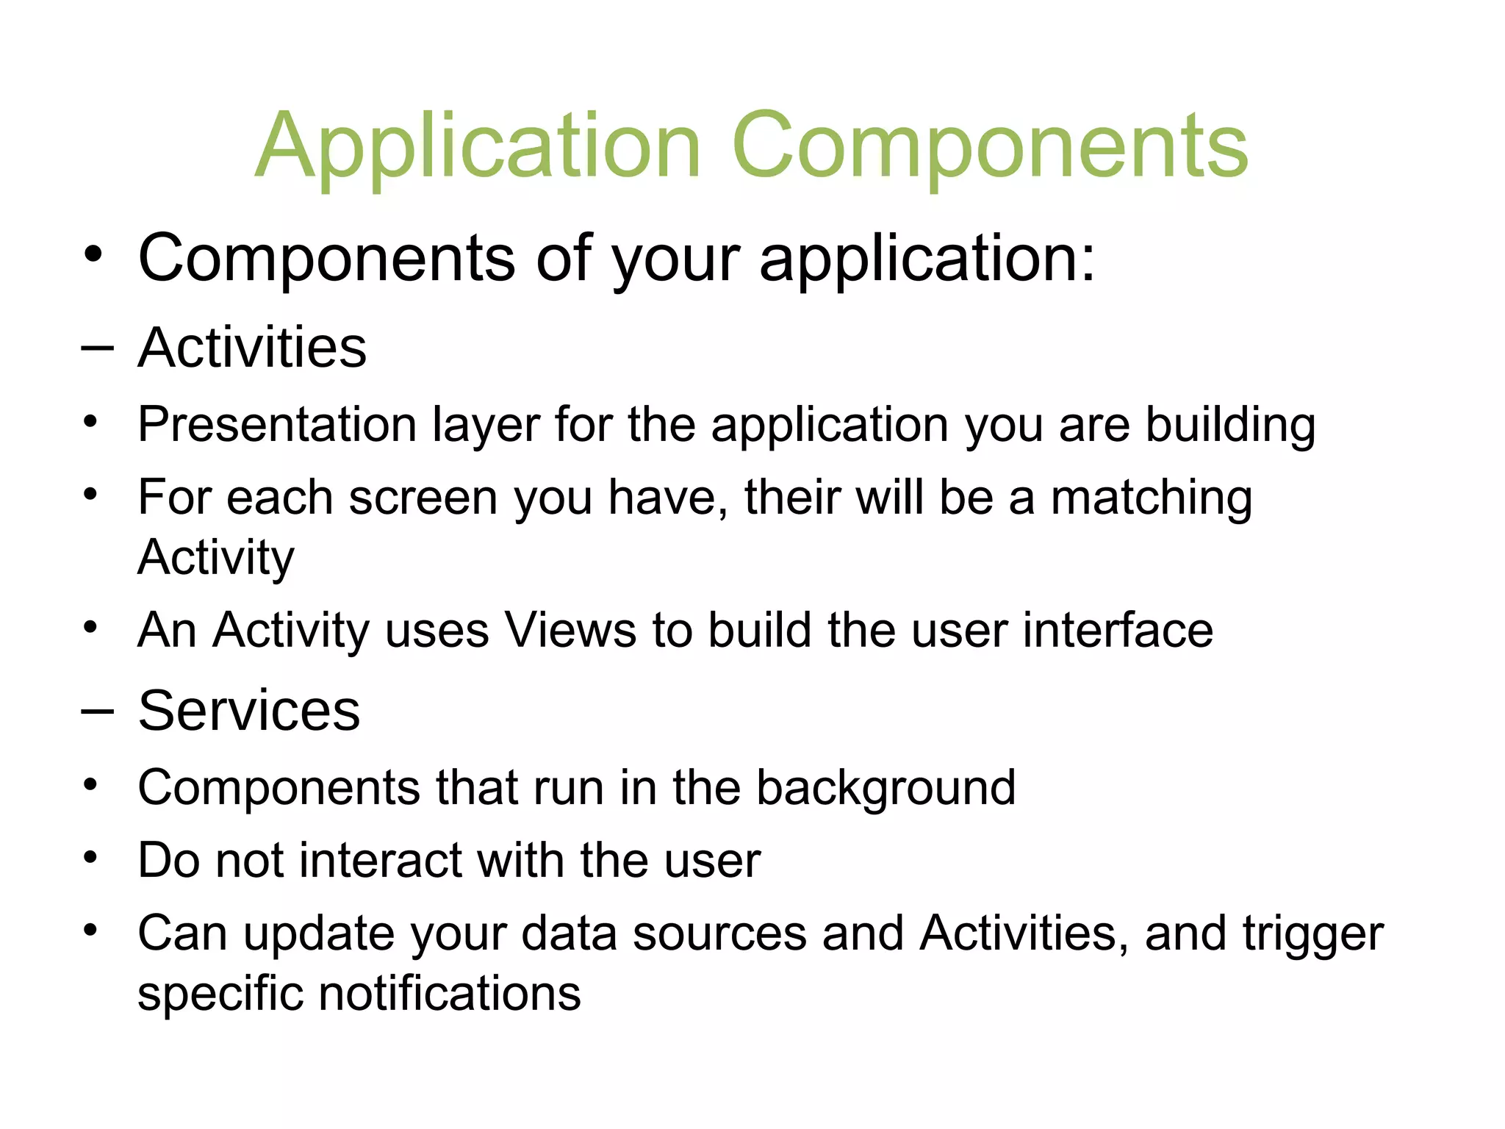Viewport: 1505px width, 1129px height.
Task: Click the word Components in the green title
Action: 989,147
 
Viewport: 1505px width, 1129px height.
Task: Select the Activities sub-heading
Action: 252,348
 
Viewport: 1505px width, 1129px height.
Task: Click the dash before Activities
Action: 97,348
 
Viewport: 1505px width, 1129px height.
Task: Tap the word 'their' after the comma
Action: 792,498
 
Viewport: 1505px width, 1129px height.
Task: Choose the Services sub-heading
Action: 249,711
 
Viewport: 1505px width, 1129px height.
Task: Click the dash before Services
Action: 97,712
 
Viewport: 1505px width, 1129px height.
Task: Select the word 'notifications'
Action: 450,994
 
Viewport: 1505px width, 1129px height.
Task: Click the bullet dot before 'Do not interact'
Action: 90,857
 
